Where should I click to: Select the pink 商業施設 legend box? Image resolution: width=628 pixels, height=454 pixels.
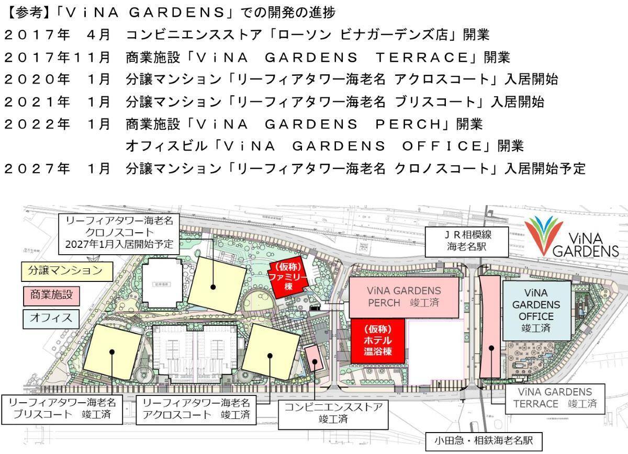pyautogui.click(x=51, y=294)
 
